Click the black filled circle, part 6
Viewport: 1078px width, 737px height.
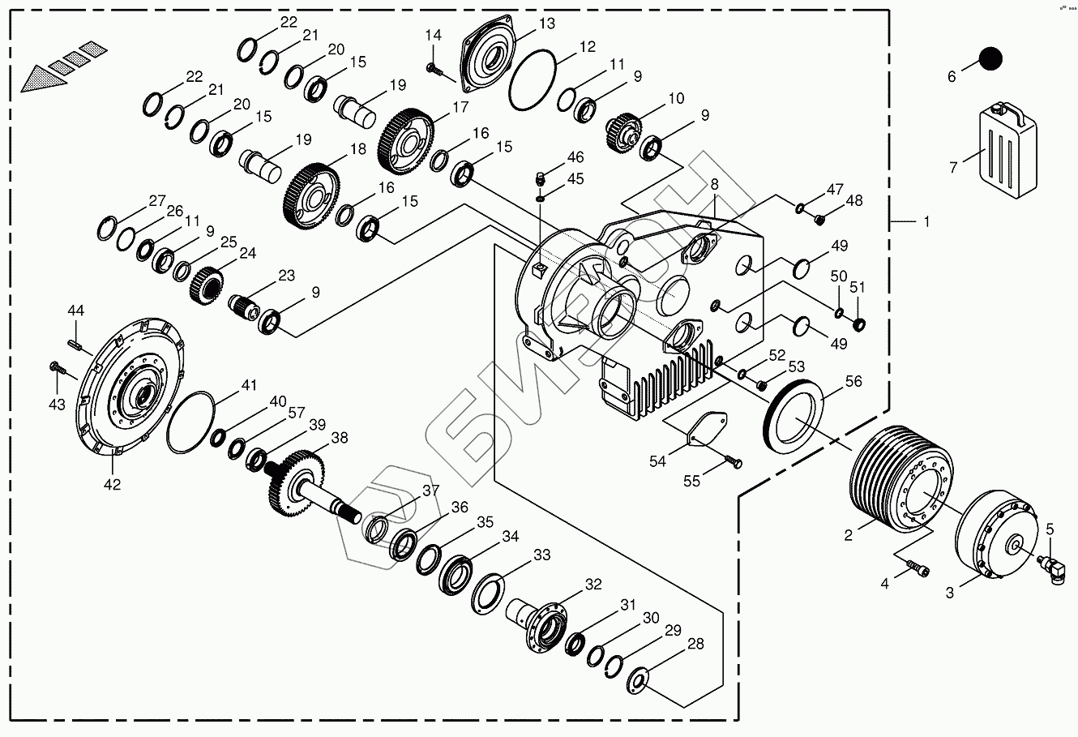990,58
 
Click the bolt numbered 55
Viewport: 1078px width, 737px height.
732,462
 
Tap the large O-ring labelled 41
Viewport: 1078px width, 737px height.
191,422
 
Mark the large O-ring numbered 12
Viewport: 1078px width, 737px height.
533,80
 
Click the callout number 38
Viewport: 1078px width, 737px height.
339,438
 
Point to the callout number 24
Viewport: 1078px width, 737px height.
247,253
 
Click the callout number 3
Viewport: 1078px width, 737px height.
949,593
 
